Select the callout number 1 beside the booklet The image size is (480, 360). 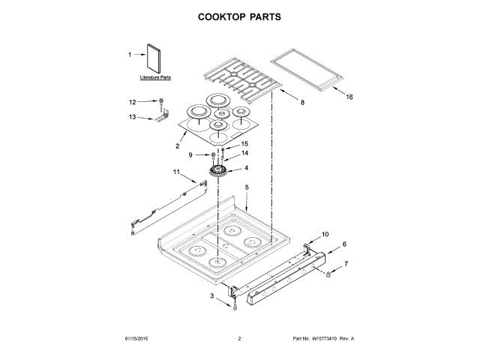(129, 54)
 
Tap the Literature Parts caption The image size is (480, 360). (155, 77)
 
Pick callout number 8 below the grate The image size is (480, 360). (302, 101)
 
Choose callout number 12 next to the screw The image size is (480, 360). (133, 102)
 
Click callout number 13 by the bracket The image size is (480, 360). (133, 117)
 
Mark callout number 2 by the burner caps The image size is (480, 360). (177, 145)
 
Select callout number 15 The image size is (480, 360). (244, 144)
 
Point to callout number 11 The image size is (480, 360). (176, 172)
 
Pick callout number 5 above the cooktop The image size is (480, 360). (247, 186)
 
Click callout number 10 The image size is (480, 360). (325, 234)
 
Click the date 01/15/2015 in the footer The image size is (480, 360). (136, 339)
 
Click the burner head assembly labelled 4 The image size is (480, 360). (219, 173)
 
